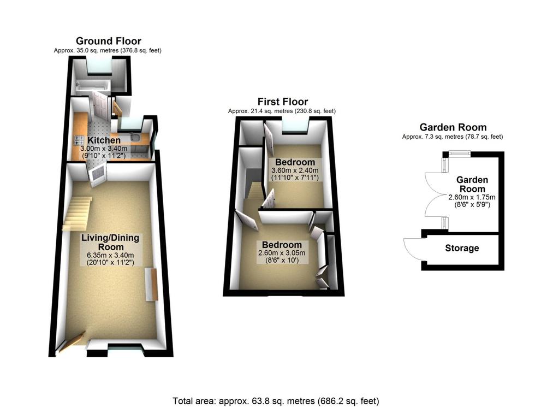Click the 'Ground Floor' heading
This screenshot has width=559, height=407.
[x=108, y=41]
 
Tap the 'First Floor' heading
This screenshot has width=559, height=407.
[x=282, y=102]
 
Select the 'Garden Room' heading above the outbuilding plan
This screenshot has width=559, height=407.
[x=452, y=127]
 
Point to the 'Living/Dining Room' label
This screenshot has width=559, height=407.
[x=110, y=243]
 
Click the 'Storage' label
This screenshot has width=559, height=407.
[x=461, y=248]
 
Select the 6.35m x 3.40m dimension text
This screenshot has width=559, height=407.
[x=110, y=255]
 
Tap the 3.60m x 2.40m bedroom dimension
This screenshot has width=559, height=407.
[x=295, y=170]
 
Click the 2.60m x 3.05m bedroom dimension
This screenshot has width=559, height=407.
[x=281, y=253]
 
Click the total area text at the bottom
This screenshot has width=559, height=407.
[x=275, y=400]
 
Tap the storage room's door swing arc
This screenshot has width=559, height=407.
[x=412, y=249]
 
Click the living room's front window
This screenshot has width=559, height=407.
[x=125, y=346]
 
